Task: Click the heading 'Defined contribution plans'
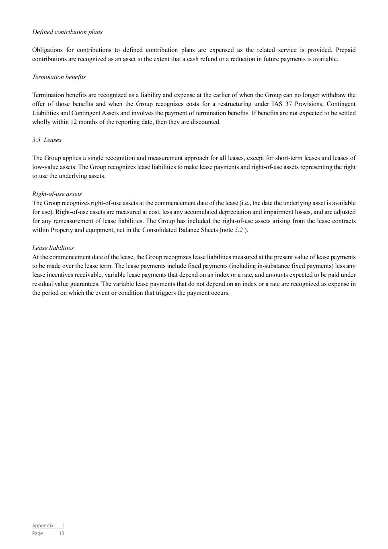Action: [67, 32]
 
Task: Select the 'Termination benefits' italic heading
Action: [59, 77]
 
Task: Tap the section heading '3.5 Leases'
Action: [47, 140]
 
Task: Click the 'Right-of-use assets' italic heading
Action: [57, 194]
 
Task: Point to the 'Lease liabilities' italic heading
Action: [53, 248]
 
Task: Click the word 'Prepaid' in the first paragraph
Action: [345, 50]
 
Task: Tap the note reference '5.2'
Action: [239, 230]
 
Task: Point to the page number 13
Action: [62, 533]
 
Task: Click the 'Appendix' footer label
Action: [43, 526]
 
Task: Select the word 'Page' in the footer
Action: [37, 533]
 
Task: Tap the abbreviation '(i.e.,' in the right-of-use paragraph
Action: [245, 203]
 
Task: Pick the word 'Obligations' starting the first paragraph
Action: [47, 50]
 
